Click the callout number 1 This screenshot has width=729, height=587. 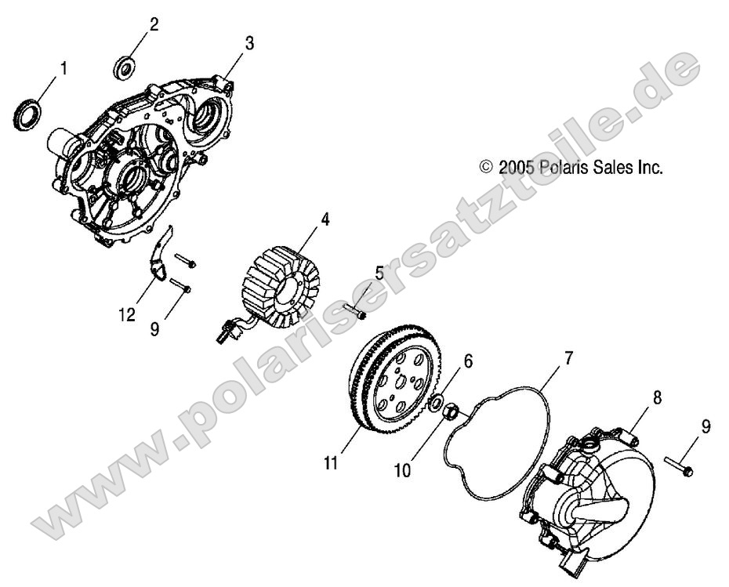pyautogui.click(x=63, y=69)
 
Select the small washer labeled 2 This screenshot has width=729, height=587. pyautogui.click(x=125, y=66)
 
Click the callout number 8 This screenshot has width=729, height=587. pyautogui.click(x=658, y=398)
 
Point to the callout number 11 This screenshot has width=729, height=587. pyautogui.click(x=332, y=464)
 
